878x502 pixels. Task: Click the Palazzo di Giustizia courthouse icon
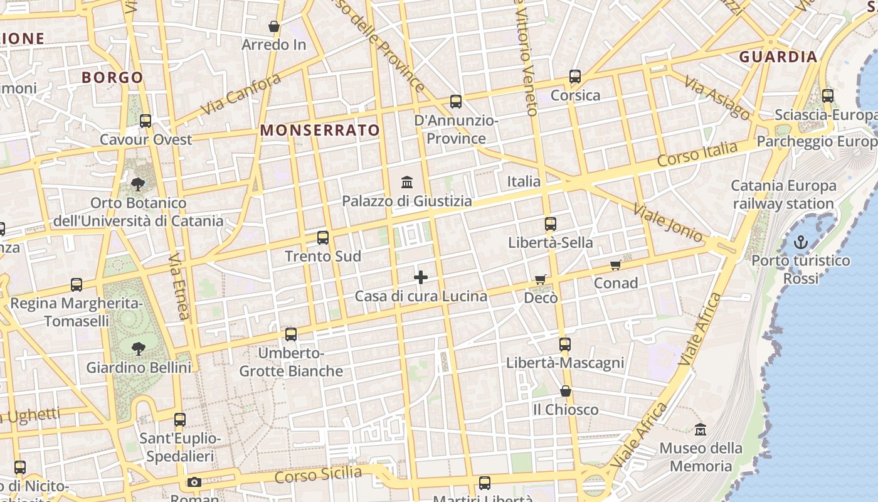pyautogui.click(x=407, y=182)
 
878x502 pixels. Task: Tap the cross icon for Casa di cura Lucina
pyautogui.click(x=421, y=277)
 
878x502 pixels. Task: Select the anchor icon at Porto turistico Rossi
pyautogui.click(x=801, y=242)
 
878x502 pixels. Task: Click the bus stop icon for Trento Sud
pyautogui.click(x=323, y=238)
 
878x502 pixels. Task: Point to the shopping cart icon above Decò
pyautogui.click(x=541, y=279)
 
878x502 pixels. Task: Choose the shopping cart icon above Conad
pyautogui.click(x=616, y=265)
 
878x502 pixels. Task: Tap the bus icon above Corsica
pyautogui.click(x=575, y=77)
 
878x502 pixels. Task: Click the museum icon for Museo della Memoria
pyautogui.click(x=701, y=430)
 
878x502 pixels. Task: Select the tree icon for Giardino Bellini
pyautogui.click(x=138, y=348)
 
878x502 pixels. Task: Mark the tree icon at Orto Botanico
pyautogui.click(x=137, y=184)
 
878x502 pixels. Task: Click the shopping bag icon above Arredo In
pyautogui.click(x=274, y=26)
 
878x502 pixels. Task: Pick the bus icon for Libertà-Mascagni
pyautogui.click(x=565, y=344)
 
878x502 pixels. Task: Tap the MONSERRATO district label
pyautogui.click(x=320, y=131)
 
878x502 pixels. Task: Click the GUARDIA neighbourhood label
pyautogui.click(x=778, y=57)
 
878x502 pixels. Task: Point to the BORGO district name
pyautogui.click(x=113, y=78)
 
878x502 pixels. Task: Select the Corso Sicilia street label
pyautogui.click(x=318, y=475)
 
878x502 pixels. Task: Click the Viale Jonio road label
pyautogui.click(x=668, y=222)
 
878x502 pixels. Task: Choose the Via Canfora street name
pyautogui.click(x=241, y=95)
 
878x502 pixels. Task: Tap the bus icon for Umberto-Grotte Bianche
pyautogui.click(x=291, y=334)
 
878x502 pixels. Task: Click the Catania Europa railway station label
pyautogui.click(x=783, y=195)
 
